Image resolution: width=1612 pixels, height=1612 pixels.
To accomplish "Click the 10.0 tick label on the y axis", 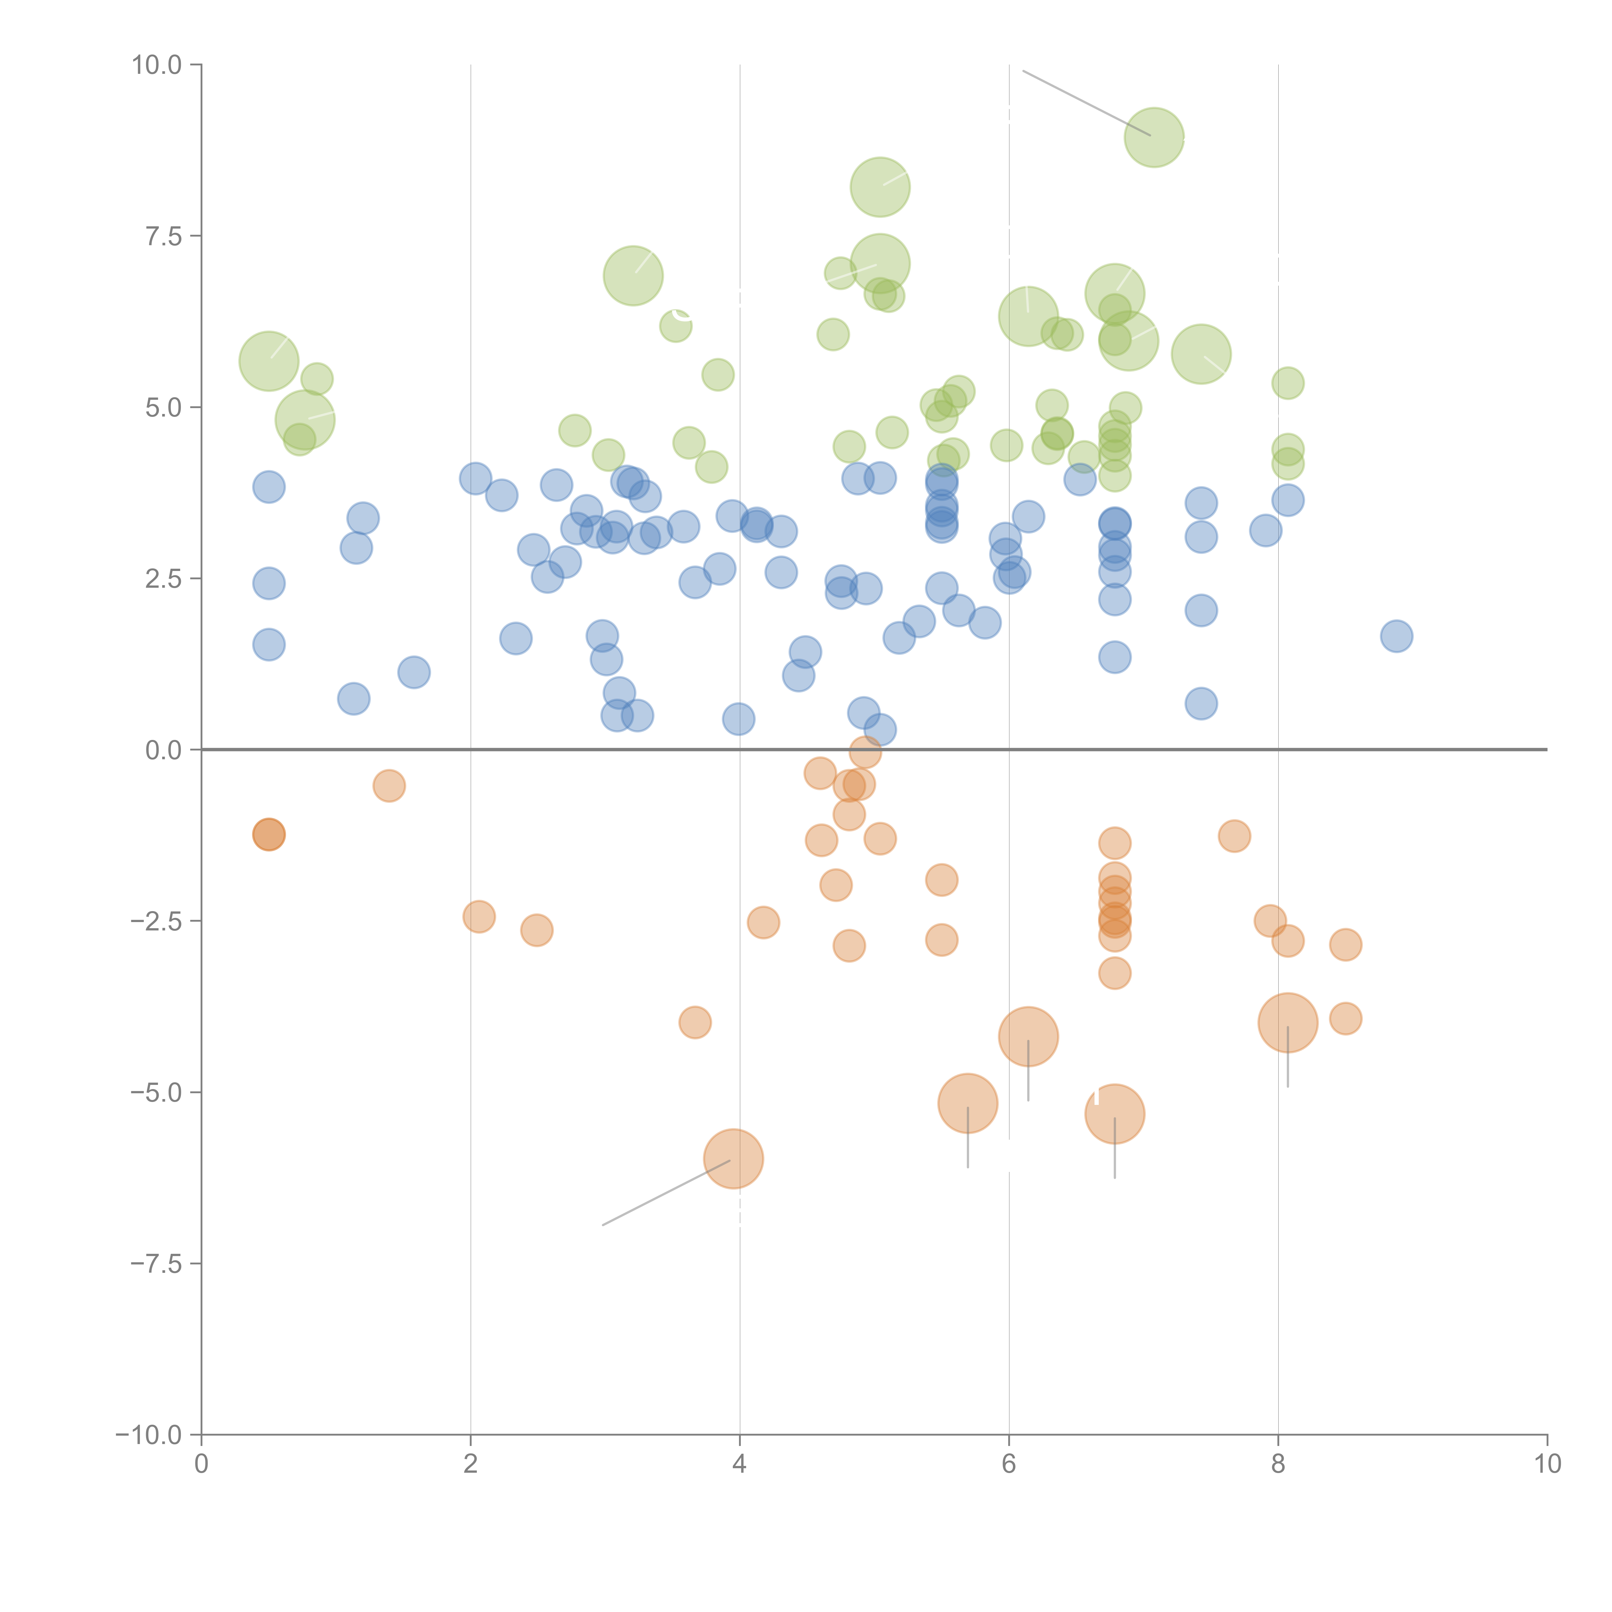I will pos(156,65).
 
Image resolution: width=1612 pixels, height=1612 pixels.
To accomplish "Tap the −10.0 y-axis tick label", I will pos(149,1435).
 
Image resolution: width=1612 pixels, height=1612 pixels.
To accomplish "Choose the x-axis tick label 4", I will pos(739,1464).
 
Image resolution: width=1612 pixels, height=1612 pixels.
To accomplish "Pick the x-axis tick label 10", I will pos(1547,1464).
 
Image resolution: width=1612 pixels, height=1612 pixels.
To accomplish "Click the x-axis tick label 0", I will pos(201,1464).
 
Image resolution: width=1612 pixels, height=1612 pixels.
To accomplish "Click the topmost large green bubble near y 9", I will pos(1154,137).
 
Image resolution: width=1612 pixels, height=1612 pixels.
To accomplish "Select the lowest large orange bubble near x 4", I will pos(733,1158).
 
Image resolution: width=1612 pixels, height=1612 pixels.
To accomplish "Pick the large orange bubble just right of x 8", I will pos(1287,1022).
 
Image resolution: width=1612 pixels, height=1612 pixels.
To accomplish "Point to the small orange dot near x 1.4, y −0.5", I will pos(389,785).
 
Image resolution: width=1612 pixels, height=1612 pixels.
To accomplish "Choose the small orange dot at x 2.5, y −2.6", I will pos(536,929).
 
